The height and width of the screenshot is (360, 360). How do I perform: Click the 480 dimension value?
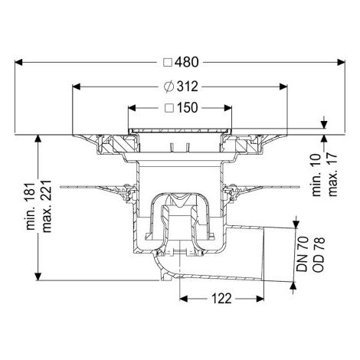186,62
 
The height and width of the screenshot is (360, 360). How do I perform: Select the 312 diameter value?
188,87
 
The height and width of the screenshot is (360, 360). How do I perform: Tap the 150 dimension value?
188,108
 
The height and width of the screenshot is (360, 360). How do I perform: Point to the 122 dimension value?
221,299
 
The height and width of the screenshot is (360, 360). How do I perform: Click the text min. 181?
31,206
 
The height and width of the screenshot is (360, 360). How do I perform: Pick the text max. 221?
47,206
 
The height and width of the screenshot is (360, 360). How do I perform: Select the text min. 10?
317,175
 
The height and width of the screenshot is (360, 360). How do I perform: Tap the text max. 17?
332,175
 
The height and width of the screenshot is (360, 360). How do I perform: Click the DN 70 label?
303,254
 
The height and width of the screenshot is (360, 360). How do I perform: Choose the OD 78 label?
319,254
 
